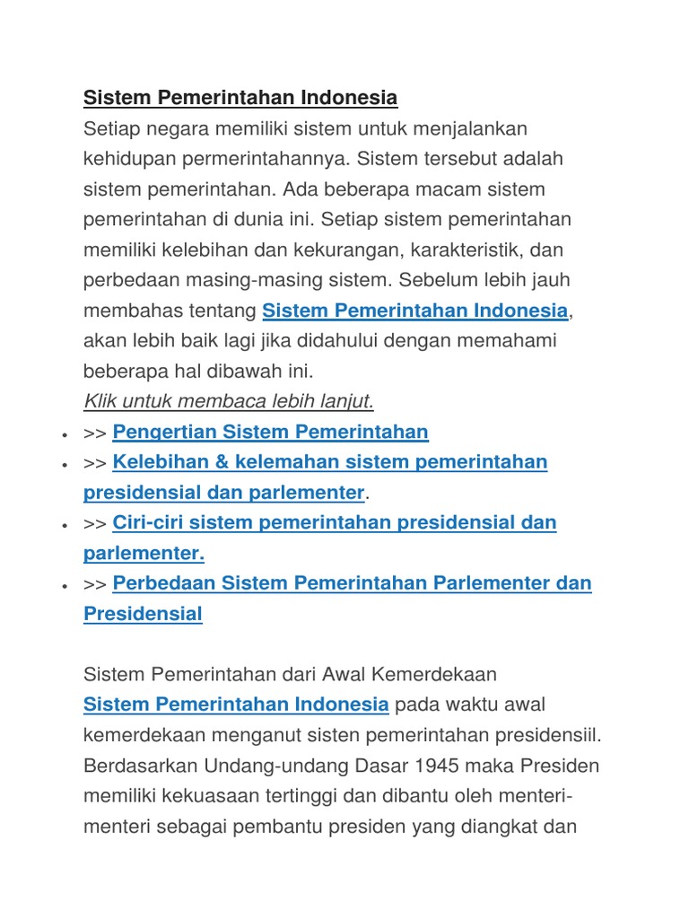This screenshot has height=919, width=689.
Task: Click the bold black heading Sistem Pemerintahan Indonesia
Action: (240, 97)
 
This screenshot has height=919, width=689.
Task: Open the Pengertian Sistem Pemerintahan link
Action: (270, 433)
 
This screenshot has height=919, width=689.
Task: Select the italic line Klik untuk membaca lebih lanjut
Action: (229, 400)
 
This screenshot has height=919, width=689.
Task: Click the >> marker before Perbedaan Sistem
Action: (95, 584)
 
